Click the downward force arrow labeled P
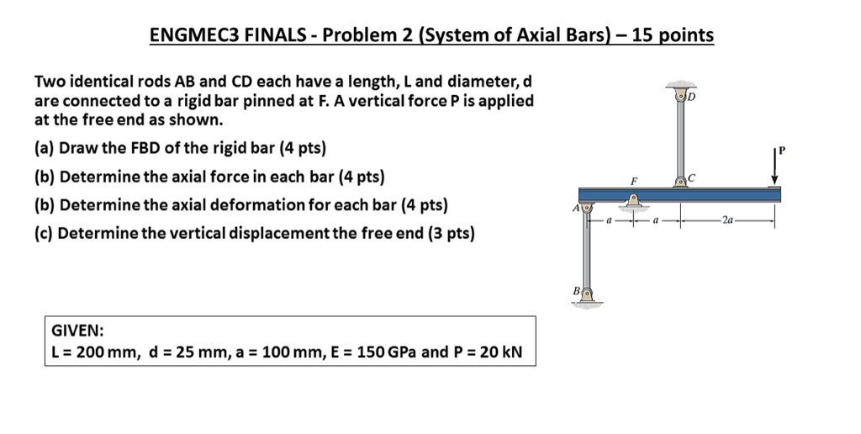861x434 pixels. (774, 169)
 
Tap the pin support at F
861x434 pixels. (631, 201)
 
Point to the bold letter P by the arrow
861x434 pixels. (781, 151)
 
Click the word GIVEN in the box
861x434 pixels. (77, 331)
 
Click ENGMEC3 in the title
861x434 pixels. (193, 35)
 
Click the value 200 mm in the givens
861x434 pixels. (103, 352)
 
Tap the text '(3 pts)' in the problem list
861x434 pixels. (446, 232)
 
